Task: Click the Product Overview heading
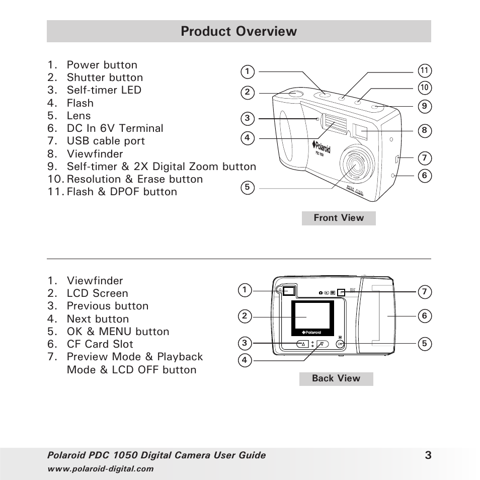239,31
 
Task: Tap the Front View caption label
339,218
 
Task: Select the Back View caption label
336,378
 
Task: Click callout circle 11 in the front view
424,70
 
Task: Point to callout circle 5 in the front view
247,188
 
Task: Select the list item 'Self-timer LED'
104,90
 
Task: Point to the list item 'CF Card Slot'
100,344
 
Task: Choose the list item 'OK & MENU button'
118,332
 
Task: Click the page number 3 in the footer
427,455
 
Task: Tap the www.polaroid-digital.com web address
100,469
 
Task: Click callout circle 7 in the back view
424,291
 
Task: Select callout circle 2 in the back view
245,316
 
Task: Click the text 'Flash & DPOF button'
121,192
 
